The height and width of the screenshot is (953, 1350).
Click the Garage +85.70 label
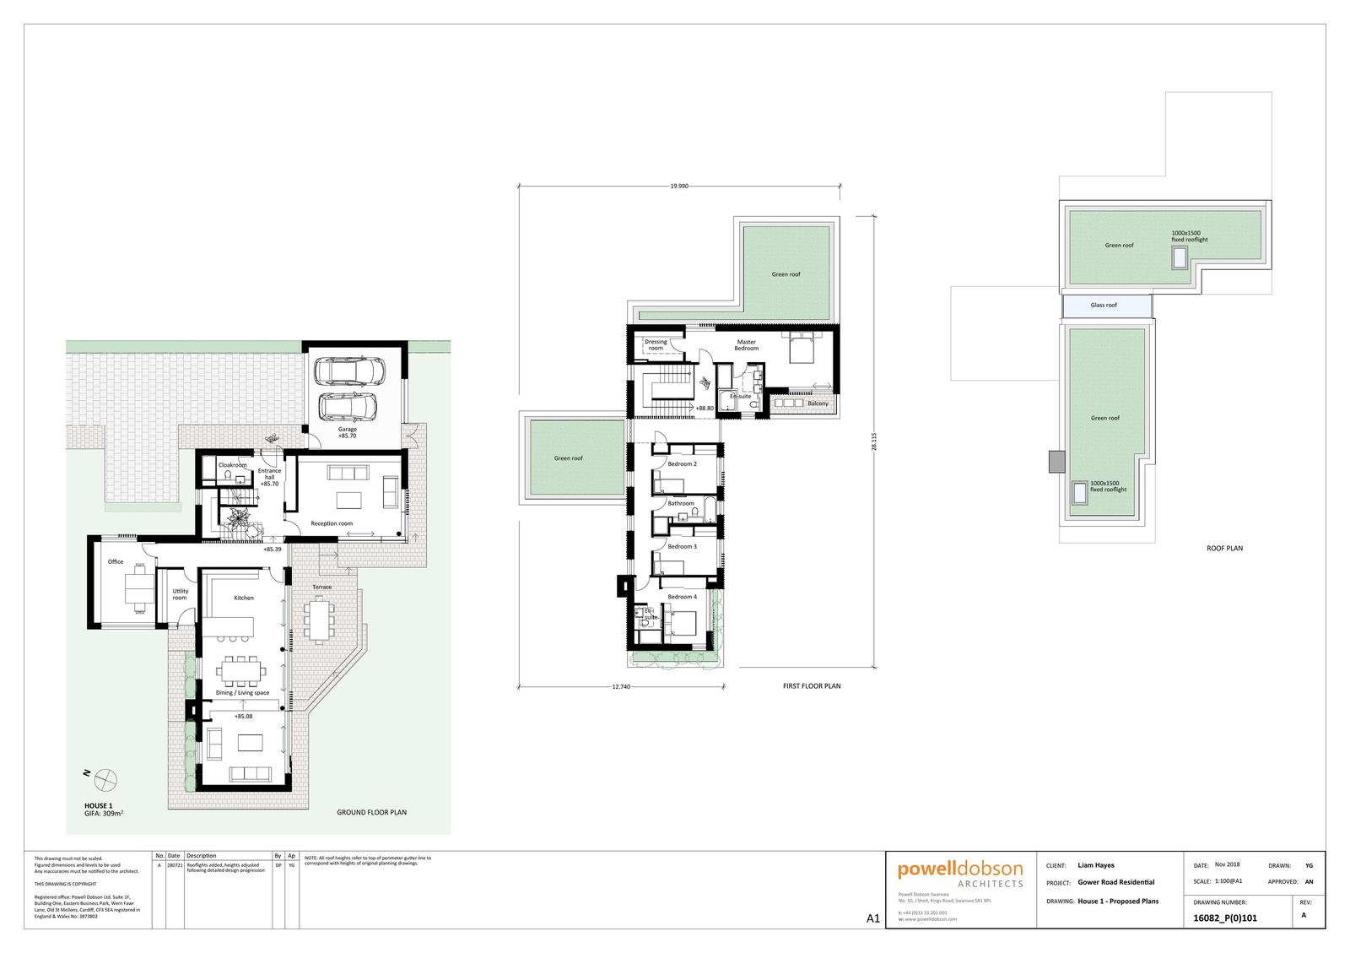point(348,433)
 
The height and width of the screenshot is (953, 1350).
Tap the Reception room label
point(332,523)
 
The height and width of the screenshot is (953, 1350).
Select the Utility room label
point(180,594)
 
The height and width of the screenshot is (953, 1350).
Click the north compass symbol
point(106,777)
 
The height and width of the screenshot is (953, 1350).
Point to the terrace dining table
point(318,620)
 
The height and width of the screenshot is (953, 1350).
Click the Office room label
point(116,561)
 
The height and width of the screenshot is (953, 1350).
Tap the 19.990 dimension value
point(679,186)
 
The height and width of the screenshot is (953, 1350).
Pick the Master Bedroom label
point(746,344)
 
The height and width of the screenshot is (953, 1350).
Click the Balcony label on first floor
point(818,403)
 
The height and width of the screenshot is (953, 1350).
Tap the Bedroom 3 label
point(682,546)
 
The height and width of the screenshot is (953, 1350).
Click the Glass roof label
point(1104,305)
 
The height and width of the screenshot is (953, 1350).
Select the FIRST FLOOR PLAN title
point(812,686)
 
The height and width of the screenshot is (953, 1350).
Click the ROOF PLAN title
point(1224,548)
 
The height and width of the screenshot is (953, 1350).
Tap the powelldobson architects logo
point(960,874)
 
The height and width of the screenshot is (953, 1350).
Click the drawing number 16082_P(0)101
point(1226,918)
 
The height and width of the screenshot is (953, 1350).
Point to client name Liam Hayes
point(1096,865)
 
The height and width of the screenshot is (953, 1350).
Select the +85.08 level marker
point(244,716)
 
